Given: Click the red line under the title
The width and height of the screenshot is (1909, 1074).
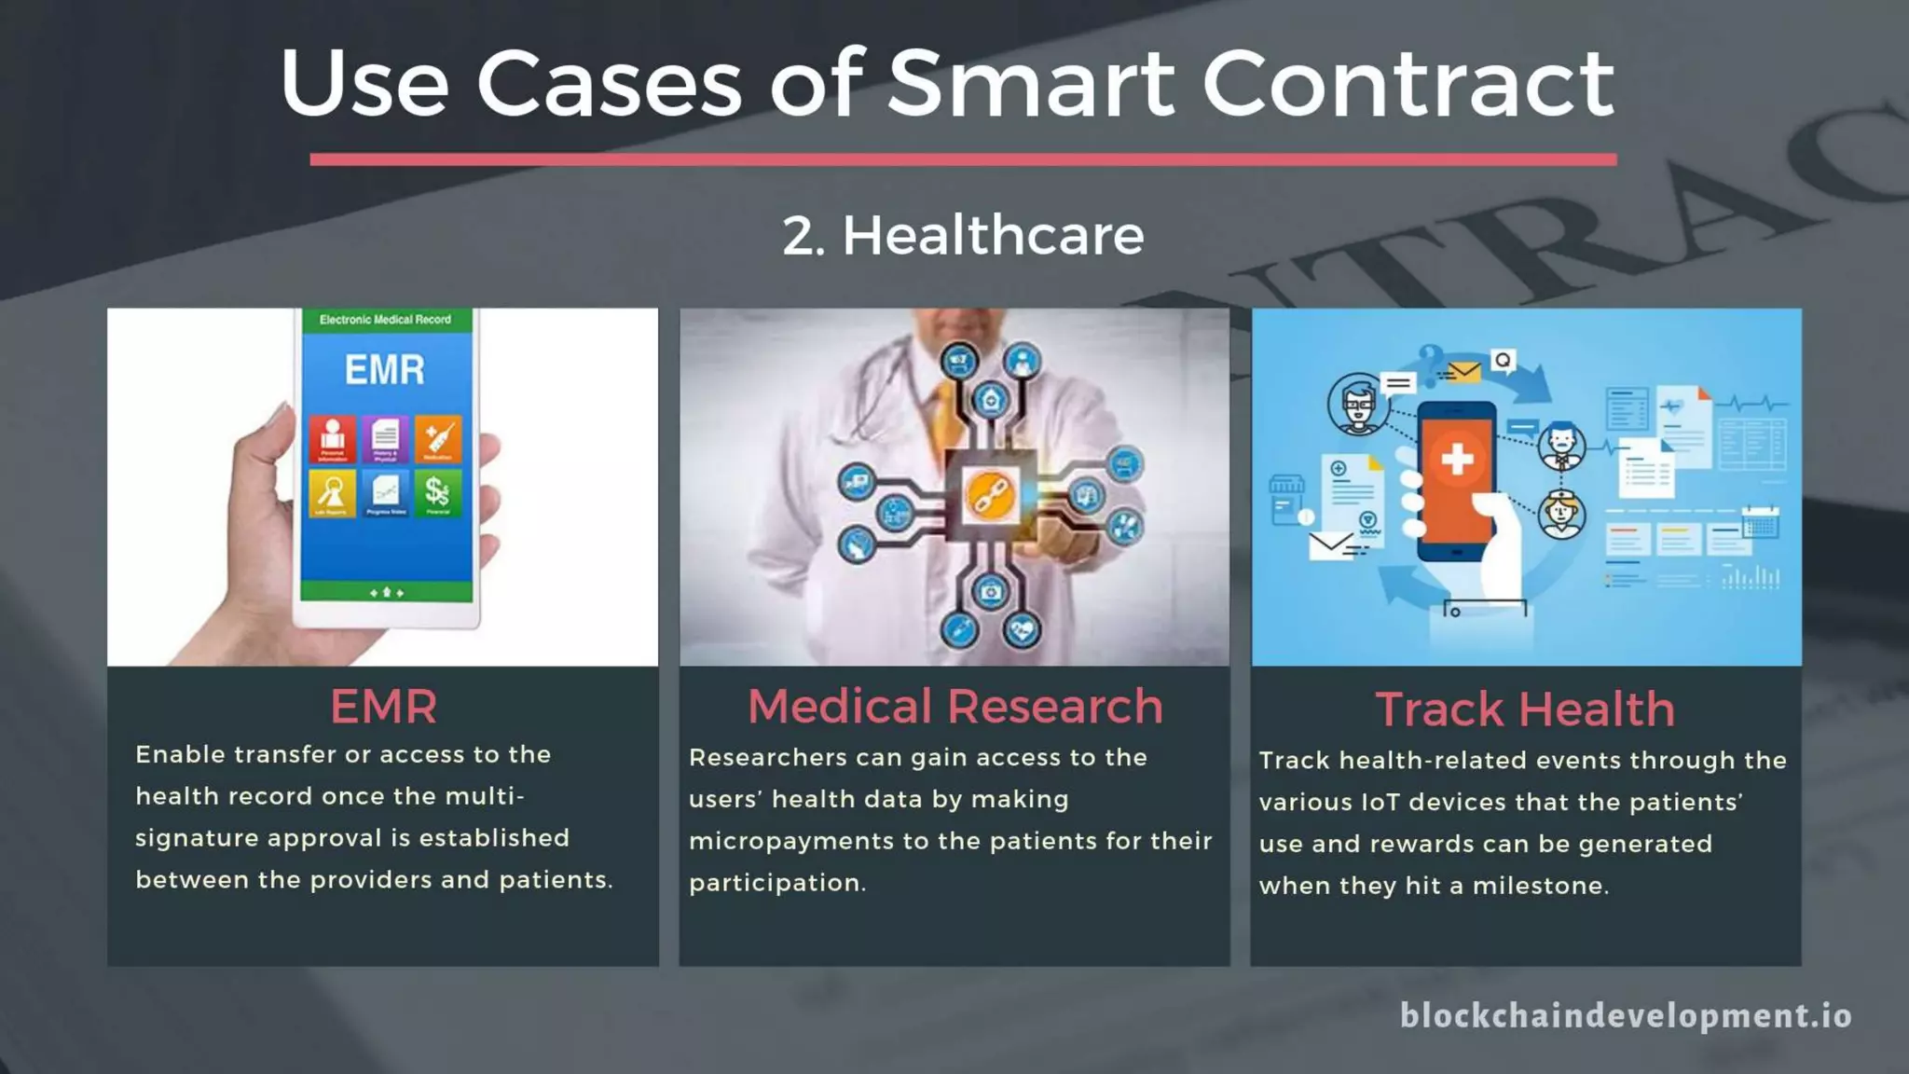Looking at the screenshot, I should tap(963, 159).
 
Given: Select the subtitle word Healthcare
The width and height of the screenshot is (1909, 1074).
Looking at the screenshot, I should tap(993, 235).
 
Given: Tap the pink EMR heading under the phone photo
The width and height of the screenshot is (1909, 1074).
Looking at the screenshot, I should tap(383, 707).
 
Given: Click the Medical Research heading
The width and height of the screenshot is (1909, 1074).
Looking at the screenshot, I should tap(955, 707).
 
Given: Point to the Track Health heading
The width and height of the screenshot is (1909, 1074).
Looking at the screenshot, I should tap(1525, 709).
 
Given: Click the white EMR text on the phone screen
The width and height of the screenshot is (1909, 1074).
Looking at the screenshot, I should tap(385, 370).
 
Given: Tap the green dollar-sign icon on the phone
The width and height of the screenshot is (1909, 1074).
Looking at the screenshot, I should tap(437, 491).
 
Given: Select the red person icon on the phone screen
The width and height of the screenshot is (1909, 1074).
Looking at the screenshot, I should tap(333, 437).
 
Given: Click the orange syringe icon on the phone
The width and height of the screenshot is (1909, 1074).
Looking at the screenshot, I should tap(437, 437).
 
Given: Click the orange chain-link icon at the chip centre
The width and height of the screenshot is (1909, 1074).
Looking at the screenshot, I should tap(990, 494).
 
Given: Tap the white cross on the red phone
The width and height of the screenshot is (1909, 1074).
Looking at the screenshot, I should tap(1457, 459).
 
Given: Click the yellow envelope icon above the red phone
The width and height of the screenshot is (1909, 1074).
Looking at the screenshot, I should tap(1464, 372).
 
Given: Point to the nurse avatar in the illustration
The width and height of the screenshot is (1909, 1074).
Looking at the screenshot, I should tap(1562, 513).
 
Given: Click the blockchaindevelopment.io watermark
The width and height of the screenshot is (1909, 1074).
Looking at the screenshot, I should tap(1626, 1015).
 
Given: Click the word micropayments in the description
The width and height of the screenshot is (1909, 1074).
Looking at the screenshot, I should tap(791, 842).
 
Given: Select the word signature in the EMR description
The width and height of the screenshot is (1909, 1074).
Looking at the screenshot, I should tap(197, 838).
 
